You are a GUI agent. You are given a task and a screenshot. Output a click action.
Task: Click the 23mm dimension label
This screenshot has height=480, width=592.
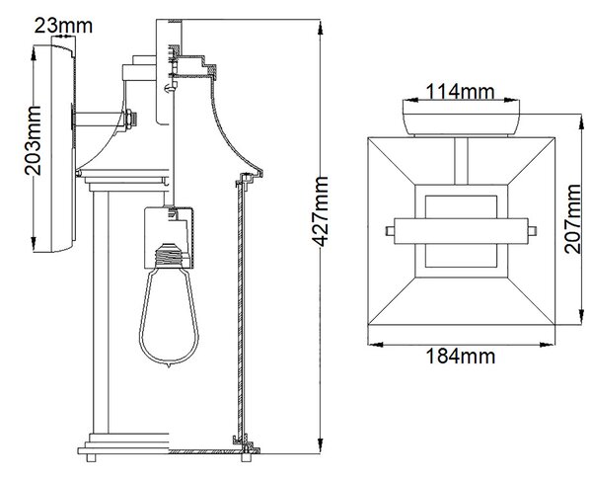click(x=63, y=26)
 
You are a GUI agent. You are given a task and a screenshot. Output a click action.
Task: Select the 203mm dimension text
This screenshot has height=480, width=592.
click(x=33, y=140)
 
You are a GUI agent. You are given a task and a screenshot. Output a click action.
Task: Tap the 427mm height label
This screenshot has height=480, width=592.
click(x=321, y=211)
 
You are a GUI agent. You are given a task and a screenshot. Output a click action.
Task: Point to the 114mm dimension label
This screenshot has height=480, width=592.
click(x=460, y=92)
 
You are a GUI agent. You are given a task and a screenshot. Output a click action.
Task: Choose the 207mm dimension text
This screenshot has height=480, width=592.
click(x=572, y=219)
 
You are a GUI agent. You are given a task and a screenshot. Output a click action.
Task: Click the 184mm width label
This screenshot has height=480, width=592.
click(x=461, y=356)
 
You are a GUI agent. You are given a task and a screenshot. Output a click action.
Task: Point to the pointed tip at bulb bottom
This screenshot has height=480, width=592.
click(x=169, y=366)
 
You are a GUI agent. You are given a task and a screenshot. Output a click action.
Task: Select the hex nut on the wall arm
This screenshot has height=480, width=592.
click(x=129, y=120)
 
